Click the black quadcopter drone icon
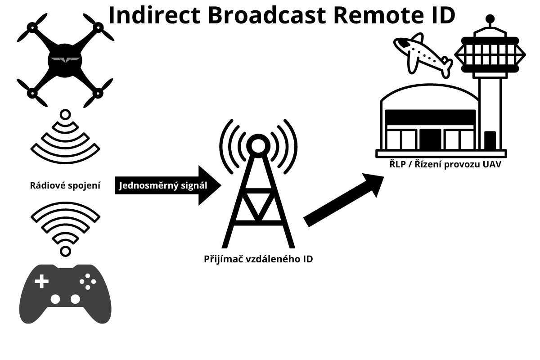pyautogui.click(x=65, y=61)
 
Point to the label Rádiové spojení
pyautogui.click(x=65, y=185)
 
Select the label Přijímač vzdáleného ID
pyautogui.click(x=258, y=259)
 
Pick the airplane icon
pyautogui.click(x=422, y=54)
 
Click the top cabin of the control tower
pyautogui.click(x=490, y=54)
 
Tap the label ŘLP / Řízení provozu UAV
pyautogui.click(x=445, y=165)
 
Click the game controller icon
pyautogui.click(x=65, y=293)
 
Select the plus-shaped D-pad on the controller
pyautogui.click(x=42, y=282)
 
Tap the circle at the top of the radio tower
pyautogui.click(x=258, y=145)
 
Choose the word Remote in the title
pyautogui.click(x=363, y=15)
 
